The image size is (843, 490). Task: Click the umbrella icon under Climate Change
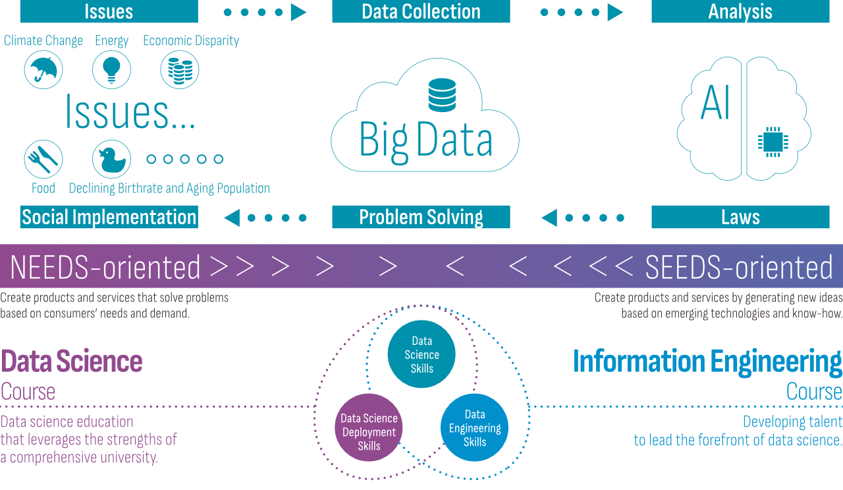click(x=43, y=70)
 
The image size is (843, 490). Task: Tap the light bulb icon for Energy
click(x=111, y=70)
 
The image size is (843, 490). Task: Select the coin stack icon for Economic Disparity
click(x=180, y=70)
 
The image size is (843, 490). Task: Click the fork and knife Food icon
click(x=43, y=159)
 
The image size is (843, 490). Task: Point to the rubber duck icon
click(x=111, y=159)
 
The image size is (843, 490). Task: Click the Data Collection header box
click(x=421, y=11)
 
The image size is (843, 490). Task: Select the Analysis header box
click(x=740, y=11)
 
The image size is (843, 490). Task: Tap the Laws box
click(x=740, y=217)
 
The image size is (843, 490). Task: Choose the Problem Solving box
click(x=421, y=217)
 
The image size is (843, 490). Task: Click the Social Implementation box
click(x=109, y=217)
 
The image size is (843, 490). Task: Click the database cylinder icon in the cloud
click(x=442, y=94)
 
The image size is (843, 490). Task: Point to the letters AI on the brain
click(x=715, y=104)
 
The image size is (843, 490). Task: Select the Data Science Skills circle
click(x=421, y=354)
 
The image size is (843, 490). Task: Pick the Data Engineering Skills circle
click(x=474, y=428)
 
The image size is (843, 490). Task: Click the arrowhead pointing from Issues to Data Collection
click(x=298, y=12)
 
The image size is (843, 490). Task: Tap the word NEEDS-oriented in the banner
click(x=105, y=268)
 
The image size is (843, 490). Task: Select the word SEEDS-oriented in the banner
click(x=739, y=268)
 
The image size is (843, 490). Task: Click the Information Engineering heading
click(x=707, y=361)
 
